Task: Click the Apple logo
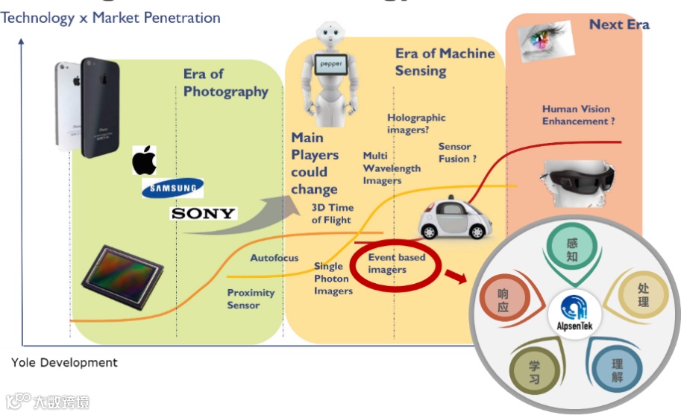pyautogui.click(x=145, y=160)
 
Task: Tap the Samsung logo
pyautogui.click(x=172, y=188)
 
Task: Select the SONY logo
pyautogui.click(x=203, y=214)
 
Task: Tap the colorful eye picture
pyautogui.click(x=547, y=39)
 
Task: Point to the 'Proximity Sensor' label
pyautogui.click(x=251, y=299)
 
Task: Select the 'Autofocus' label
pyautogui.click(x=274, y=259)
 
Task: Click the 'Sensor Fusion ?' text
pyautogui.click(x=457, y=153)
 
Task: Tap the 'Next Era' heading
pyautogui.click(x=618, y=25)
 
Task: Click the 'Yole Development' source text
pyautogui.click(x=64, y=363)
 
